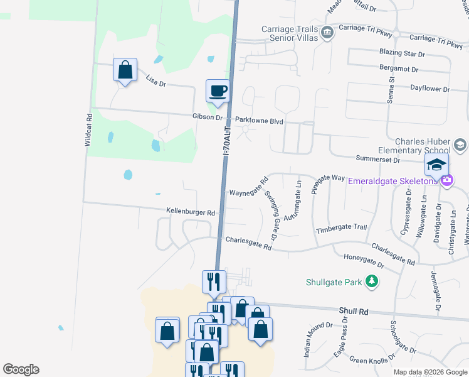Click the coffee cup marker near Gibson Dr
click(218, 91)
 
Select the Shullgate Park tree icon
click(372, 281)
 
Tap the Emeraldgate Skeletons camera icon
click(446, 181)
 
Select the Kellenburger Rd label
click(191, 212)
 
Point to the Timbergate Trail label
click(341, 228)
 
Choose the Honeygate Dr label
click(364, 262)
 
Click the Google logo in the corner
click(21, 369)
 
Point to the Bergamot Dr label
click(399, 68)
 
